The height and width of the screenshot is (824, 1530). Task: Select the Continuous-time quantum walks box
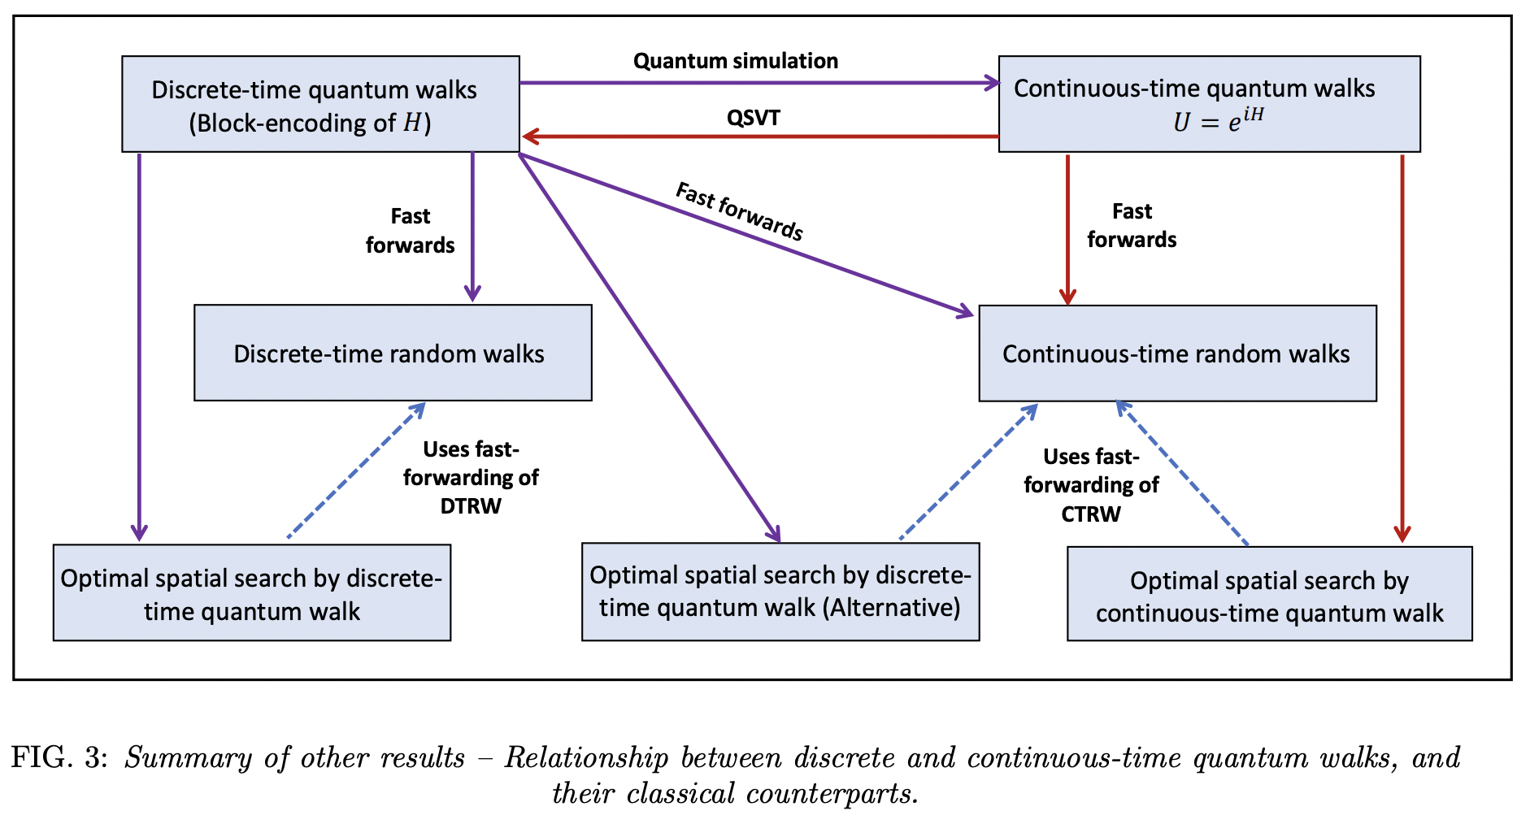tap(1208, 104)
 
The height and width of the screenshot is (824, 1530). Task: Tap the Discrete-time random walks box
tap(392, 353)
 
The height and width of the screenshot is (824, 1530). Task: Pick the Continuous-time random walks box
tap(1176, 353)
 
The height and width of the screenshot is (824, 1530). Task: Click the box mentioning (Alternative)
tap(780, 592)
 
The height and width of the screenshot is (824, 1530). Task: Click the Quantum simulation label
tap(735, 61)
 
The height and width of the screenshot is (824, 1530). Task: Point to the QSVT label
tap(753, 118)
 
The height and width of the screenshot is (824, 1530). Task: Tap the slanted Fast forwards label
tap(739, 211)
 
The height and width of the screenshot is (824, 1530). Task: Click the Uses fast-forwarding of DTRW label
tap(471, 478)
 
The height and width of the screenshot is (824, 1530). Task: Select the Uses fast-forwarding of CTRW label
tap(1090, 485)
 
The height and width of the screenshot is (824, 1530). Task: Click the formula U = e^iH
tap(1217, 121)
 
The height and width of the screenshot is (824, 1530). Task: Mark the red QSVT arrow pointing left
tap(756, 136)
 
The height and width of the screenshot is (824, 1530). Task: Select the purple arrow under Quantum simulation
tap(756, 83)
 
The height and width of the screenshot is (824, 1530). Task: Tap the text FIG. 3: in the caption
tap(59, 757)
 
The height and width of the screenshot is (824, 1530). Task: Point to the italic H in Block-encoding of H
tap(412, 123)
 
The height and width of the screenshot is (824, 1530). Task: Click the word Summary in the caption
tap(188, 757)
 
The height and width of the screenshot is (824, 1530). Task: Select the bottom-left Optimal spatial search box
tap(251, 593)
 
